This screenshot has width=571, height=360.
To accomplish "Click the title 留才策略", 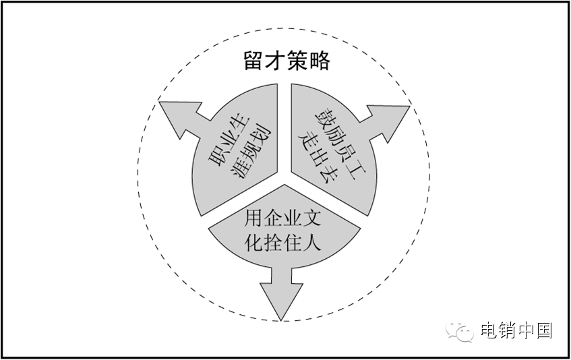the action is [287, 61].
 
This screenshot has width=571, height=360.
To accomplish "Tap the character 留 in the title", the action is [253, 61].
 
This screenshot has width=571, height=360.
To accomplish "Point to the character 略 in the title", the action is [320, 61].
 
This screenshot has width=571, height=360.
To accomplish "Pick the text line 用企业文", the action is [282, 218].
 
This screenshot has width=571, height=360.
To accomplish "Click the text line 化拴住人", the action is [282, 241].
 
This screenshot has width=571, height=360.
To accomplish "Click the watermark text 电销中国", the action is [516, 330].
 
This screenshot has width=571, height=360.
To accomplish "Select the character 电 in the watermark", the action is [488, 330].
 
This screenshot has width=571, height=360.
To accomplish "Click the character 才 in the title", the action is [276, 61].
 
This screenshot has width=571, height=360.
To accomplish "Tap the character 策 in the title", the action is [297, 61].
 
